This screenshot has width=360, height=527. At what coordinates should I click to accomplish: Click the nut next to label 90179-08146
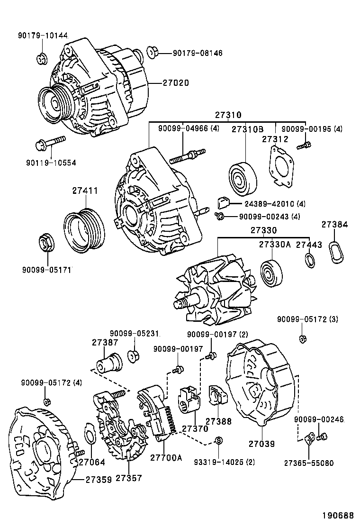coord(152,52)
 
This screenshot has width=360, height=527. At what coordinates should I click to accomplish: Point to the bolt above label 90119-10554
coord(50,142)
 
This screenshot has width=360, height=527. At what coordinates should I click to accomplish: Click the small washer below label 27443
coord(310,260)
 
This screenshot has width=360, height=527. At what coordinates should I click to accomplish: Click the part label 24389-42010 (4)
coord(275,204)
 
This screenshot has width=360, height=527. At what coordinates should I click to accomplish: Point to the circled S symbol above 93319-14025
coord(219,440)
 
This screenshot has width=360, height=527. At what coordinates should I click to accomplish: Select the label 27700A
coord(166,457)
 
